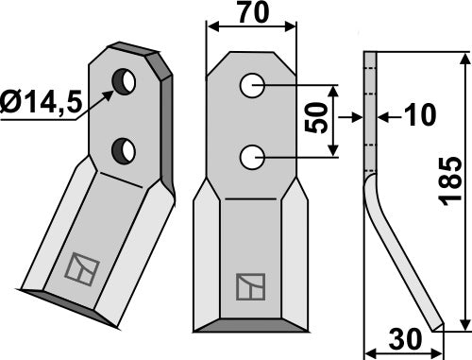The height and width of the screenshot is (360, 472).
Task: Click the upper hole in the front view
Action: (x=251, y=86)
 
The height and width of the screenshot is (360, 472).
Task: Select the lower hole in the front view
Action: (x=251, y=157)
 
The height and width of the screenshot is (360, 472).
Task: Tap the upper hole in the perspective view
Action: (x=123, y=83)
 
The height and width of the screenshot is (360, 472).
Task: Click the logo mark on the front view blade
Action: (x=250, y=285)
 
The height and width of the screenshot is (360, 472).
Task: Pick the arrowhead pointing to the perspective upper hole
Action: (x=110, y=92)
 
